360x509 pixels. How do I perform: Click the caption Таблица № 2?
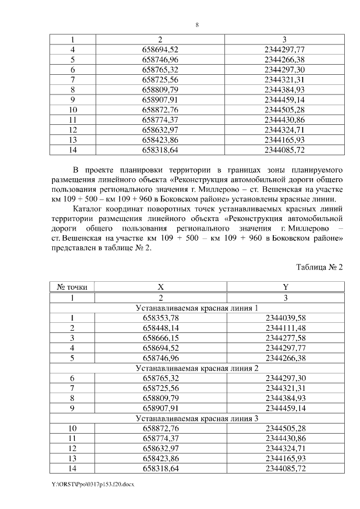[319, 267]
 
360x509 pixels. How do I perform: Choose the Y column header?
[285, 287]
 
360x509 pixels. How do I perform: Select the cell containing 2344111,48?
[285, 328]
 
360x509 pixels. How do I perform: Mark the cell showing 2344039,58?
[285, 318]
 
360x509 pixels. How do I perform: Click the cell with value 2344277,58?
[285, 338]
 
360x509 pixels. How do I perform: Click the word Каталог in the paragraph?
[89, 209]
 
